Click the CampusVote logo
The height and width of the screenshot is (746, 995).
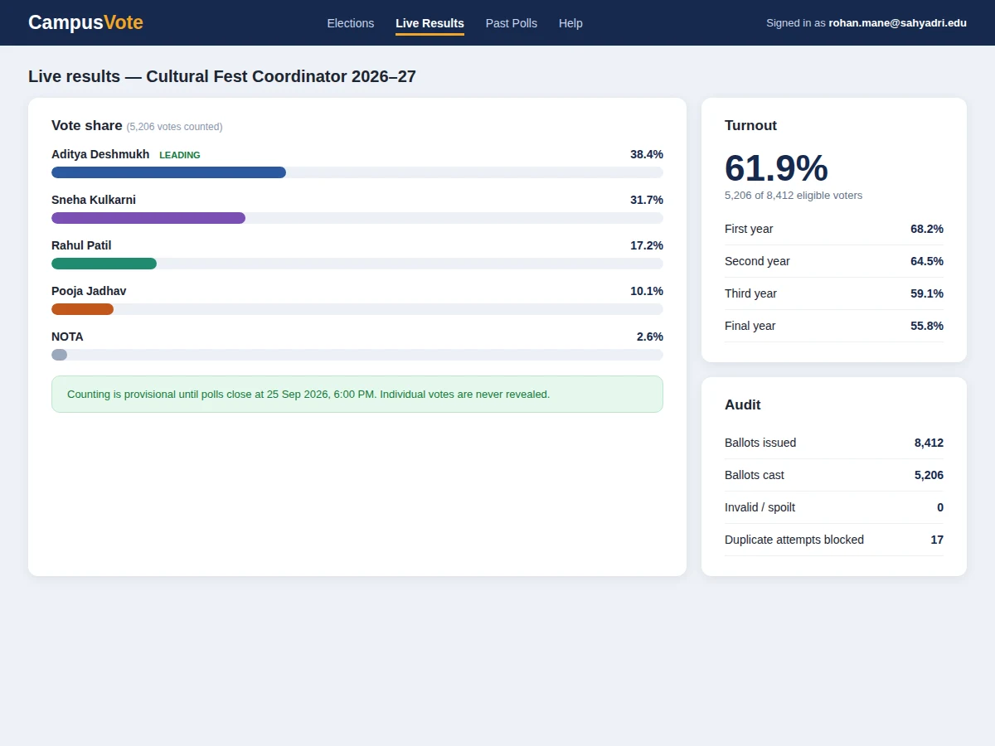coord(85,22)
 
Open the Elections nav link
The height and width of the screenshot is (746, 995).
coord(351,23)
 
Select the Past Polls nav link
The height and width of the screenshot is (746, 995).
coord(511,23)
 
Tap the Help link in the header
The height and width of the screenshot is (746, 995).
coord(570,23)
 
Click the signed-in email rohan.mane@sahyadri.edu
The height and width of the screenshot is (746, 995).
coord(897,23)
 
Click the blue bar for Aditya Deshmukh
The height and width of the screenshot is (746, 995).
coord(168,172)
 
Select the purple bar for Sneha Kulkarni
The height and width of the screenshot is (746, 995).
coord(148,218)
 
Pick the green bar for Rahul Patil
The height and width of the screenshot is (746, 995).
coord(104,264)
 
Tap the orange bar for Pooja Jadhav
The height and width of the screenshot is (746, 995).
coord(82,309)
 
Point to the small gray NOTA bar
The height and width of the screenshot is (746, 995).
coord(60,355)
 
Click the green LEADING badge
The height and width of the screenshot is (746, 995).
coord(179,155)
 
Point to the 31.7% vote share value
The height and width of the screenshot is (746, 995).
coord(647,200)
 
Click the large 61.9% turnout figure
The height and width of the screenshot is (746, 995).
coord(776,167)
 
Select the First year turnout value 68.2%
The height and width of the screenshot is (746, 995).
coord(926,229)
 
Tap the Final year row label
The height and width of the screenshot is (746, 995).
coord(750,326)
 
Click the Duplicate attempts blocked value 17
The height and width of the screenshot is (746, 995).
coord(937,540)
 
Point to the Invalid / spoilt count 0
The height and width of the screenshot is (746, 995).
coord(940,507)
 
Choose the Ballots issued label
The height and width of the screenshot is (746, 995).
coord(760,443)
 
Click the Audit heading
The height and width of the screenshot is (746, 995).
coord(742,404)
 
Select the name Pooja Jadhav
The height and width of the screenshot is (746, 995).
coord(89,291)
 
